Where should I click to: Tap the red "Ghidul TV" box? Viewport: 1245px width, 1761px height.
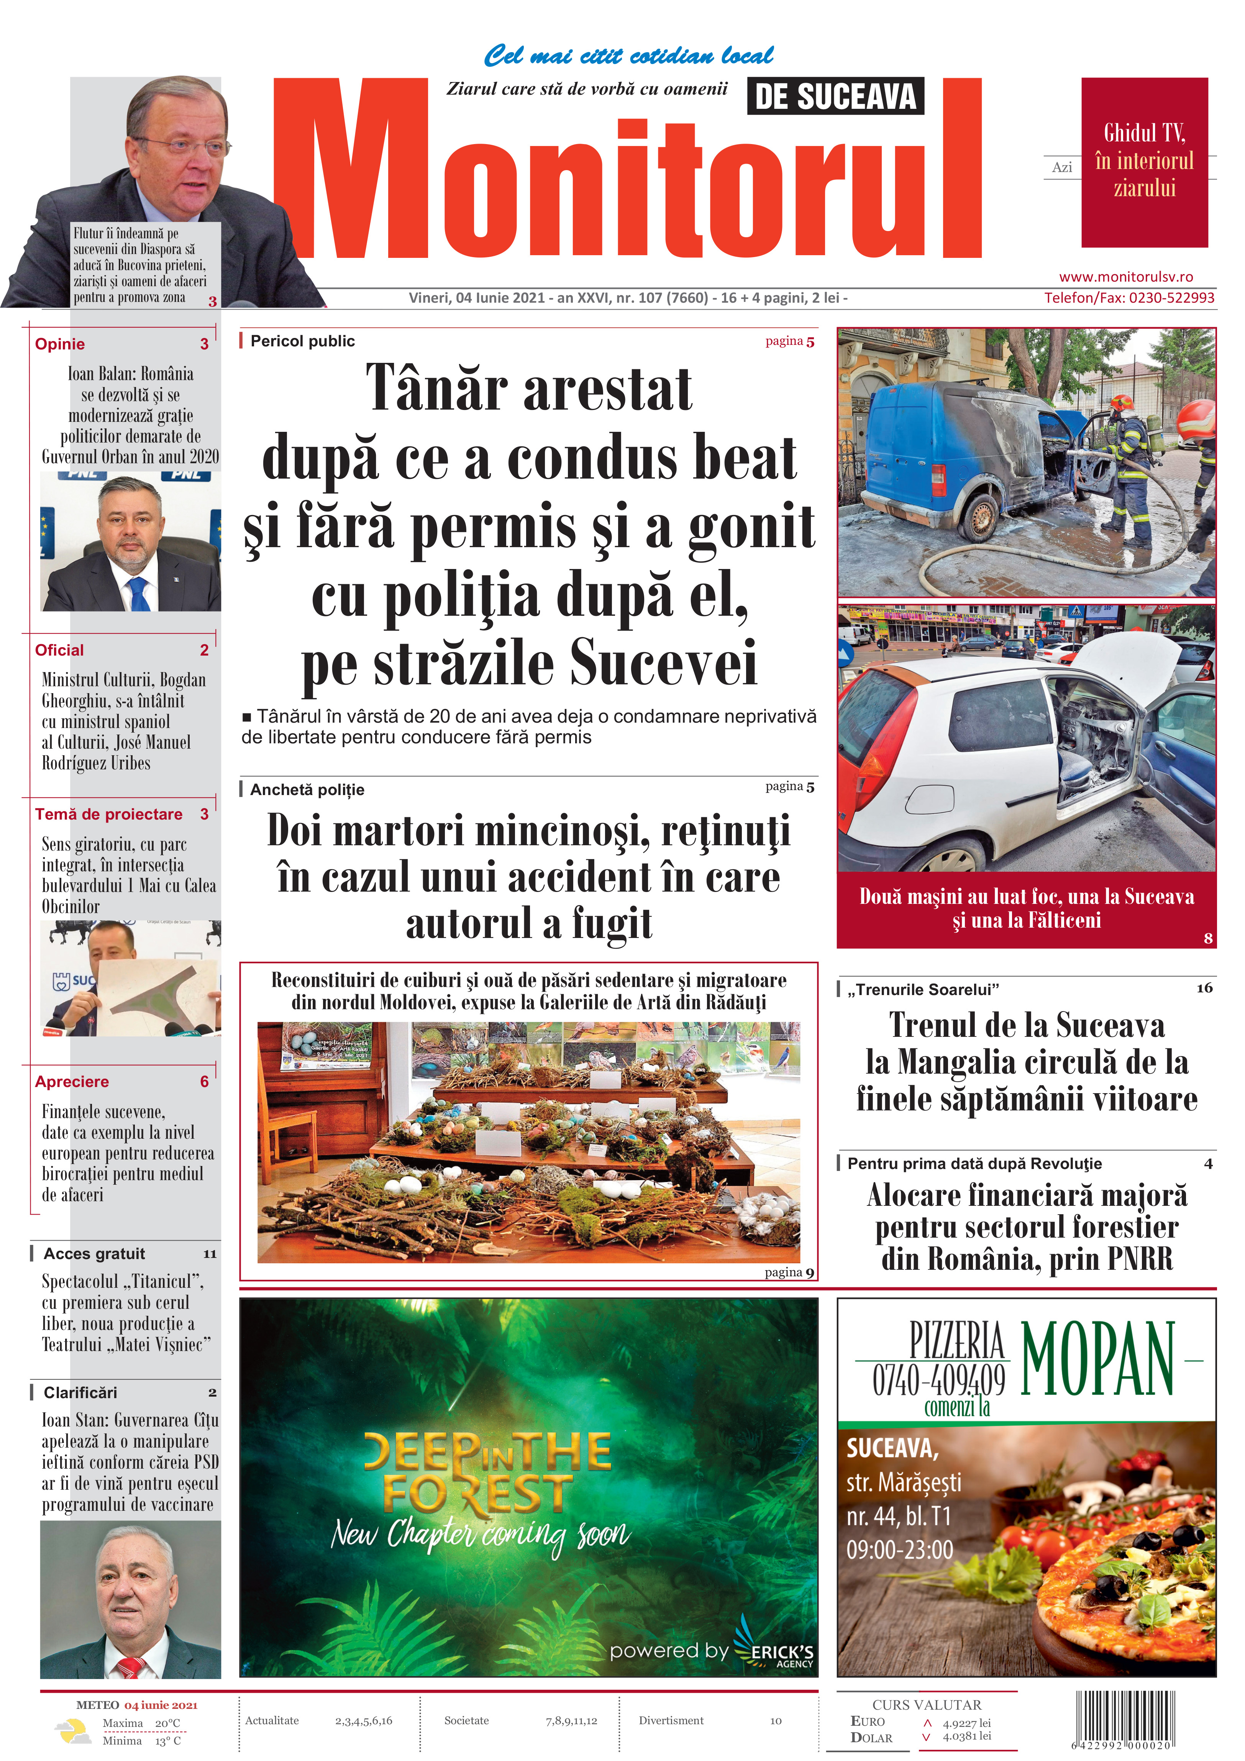pyautogui.click(x=1144, y=162)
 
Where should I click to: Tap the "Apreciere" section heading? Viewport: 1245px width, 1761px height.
pyautogui.click(x=72, y=1081)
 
